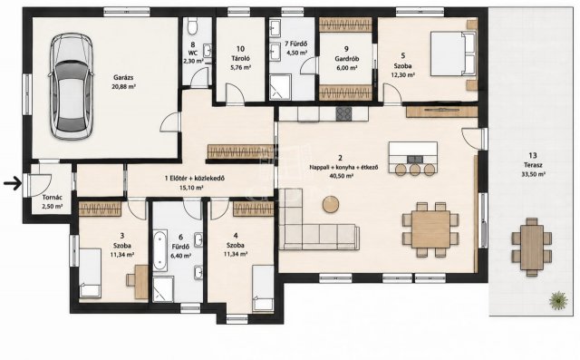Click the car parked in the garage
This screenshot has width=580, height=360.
(x=71, y=86)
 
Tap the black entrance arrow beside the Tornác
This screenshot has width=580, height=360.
(x=12, y=183)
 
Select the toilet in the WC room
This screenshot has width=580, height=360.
(x=193, y=26)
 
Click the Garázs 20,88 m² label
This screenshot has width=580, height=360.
(x=123, y=83)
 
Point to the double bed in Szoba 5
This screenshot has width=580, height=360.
(x=453, y=54)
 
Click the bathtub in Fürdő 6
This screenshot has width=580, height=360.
(x=160, y=251)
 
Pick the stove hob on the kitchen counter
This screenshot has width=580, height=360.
(x=344, y=113)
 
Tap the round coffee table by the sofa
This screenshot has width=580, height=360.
(x=331, y=204)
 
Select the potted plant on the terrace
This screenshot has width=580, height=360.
(x=558, y=300)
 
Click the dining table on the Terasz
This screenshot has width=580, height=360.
(x=532, y=248)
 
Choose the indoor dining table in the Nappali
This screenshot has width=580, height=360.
(x=430, y=229)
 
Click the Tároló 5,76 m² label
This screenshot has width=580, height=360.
(x=241, y=58)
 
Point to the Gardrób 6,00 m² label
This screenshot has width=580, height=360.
(x=346, y=58)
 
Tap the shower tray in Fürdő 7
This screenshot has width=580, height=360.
(x=280, y=87)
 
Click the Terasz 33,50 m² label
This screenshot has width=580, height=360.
(x=533, y=165)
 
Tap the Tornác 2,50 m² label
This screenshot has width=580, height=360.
(x=53, y=202)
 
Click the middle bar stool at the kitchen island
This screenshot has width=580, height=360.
(x=415, y=170)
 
